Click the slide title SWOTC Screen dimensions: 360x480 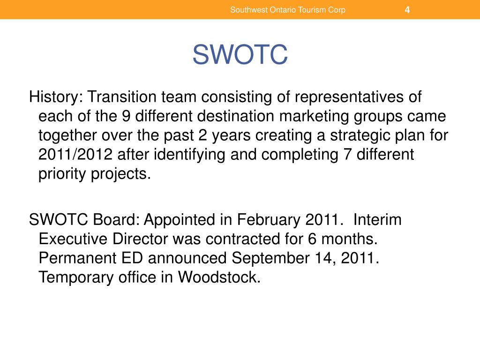[x=240, y=56]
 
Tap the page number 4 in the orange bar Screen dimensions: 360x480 [x=407, y=10]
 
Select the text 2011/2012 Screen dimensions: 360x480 [x=75, y=155]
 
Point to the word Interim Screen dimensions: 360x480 [x=378, y=220]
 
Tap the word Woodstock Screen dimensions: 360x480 [x=219, y=277]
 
